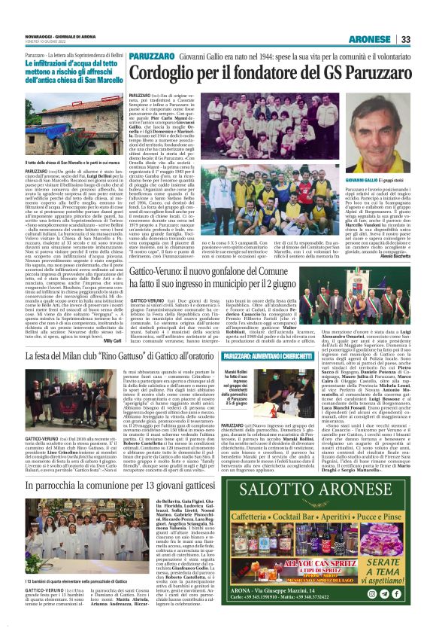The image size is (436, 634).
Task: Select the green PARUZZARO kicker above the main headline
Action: coord(153,56)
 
